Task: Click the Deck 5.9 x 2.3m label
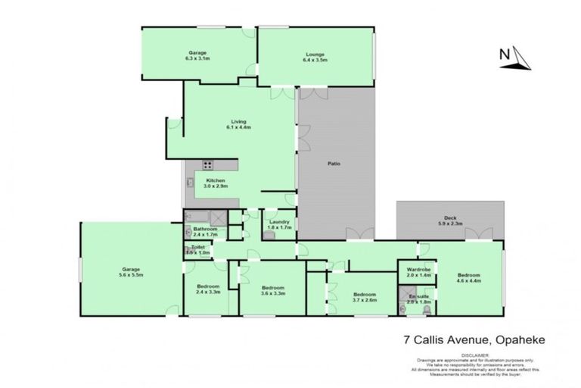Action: coord(449,221)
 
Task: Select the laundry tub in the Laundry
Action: coord(269,236)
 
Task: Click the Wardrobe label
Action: coord(418,272)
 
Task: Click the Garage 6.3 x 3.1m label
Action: coord(198,55)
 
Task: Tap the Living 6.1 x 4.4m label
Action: coord(239,125)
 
